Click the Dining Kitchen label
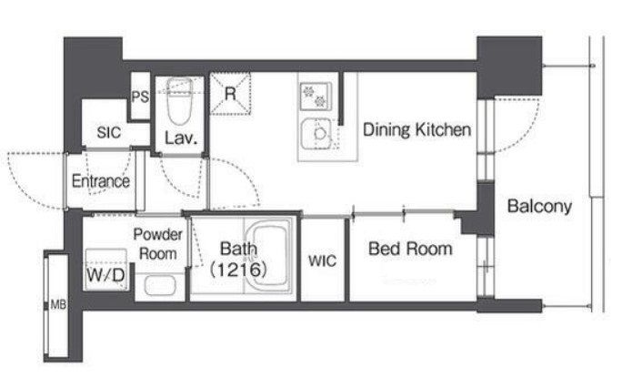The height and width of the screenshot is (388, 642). [x=416, y=129]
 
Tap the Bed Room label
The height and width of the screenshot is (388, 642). [x=410, y=249]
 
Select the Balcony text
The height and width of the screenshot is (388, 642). [x=539, y=206]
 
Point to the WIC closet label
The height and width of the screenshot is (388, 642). [x=322, y=260]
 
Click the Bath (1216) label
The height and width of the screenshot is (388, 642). [x=238, y=260]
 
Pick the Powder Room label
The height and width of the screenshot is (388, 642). [x=157, y=244]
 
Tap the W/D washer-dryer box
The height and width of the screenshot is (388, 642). [x=106, y=270]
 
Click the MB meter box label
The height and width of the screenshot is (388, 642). [x=57, y=305]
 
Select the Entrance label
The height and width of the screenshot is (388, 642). [x=101, y=181]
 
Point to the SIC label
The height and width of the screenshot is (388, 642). [x=109, y=132]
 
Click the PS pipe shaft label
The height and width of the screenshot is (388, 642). [x=140, y=97]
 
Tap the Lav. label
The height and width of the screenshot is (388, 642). [x=181, y=138]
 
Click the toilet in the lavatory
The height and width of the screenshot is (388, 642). [x=179, y=101]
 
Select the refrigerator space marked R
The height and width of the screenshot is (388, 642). [x=230, y=94]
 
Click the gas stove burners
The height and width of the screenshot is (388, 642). [x=316, y=97]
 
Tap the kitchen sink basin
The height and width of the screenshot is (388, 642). [x=316, y=134]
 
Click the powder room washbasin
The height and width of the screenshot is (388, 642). [x=160, y=285]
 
